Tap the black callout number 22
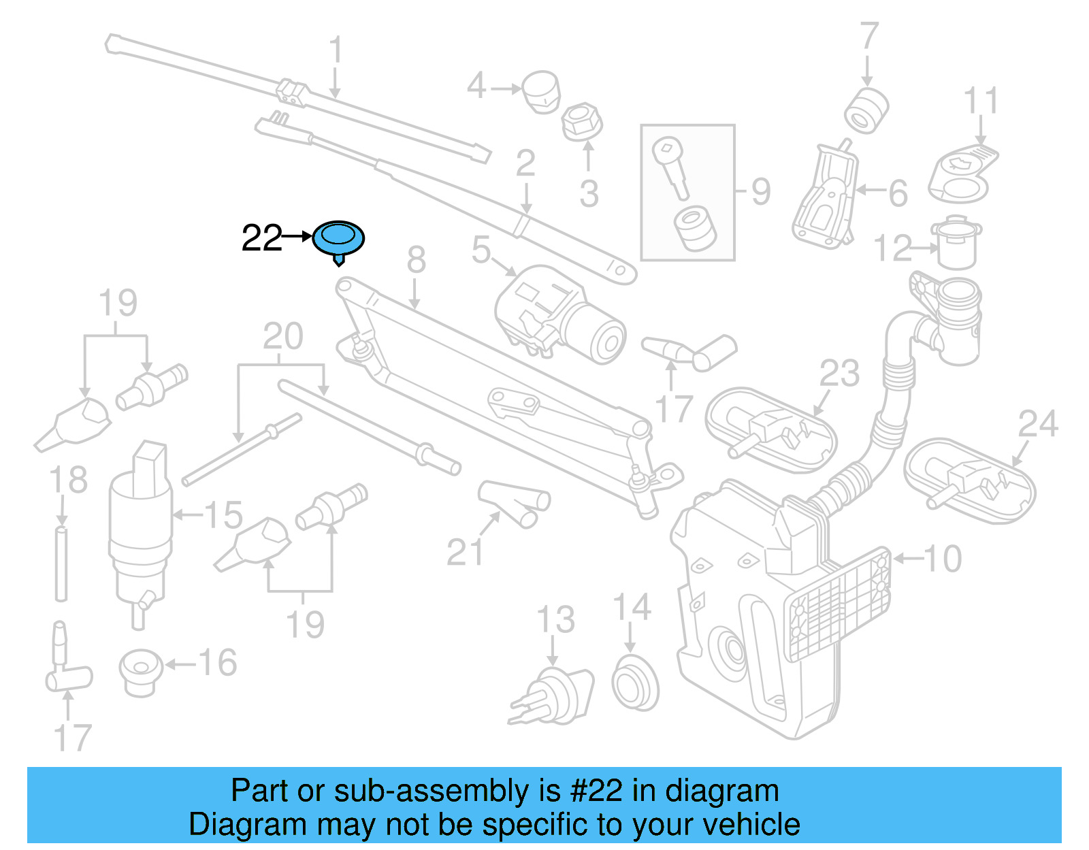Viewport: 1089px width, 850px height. (x=261, y=238)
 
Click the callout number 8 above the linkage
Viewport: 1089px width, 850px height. (x=416, y=261)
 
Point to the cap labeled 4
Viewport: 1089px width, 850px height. (x=542, y=91)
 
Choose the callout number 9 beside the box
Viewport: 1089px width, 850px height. (x=761, y=192)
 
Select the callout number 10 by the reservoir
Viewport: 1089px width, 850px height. (x=942, y=559)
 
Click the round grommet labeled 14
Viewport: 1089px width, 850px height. (x=634, y=683)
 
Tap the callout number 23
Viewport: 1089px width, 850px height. (x=839, y=374)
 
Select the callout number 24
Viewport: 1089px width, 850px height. (x=1037, y=424)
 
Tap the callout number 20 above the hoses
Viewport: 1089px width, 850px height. (x=283, y=336)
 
